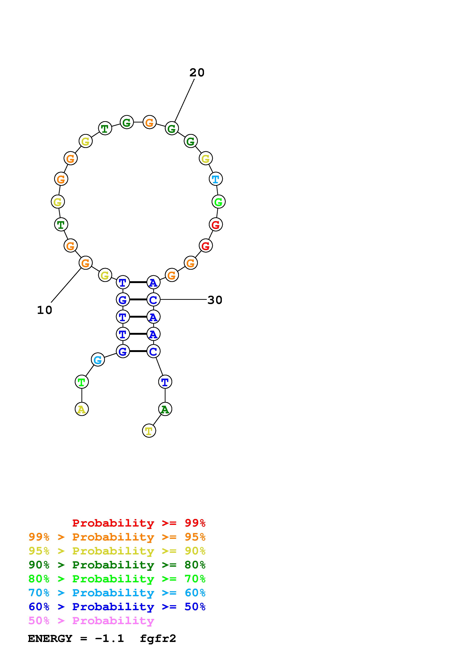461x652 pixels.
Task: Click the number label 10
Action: pyautogui.click(x=45, y=310)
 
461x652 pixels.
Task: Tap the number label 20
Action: pyautogui.click(x=197, y=73)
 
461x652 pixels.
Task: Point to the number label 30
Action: pyautogui.click(x=215, y=300)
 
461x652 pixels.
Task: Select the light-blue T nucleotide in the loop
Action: pyautogui.click(x=216, y=179)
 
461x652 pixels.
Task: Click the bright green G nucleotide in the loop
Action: pyautogui.click(x=219, y=202)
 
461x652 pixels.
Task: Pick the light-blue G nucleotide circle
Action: pyautogui.click(x=98, y=360)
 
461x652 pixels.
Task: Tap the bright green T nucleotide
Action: pyautogui.click(x=81, y=382)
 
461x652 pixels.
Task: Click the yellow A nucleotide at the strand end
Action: pyautogui.click(x=81, y=409)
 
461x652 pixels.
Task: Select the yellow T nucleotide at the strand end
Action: pyautogui.click(x=149, y=431)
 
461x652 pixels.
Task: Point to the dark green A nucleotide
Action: pyautogui.click(x=165, y=409)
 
